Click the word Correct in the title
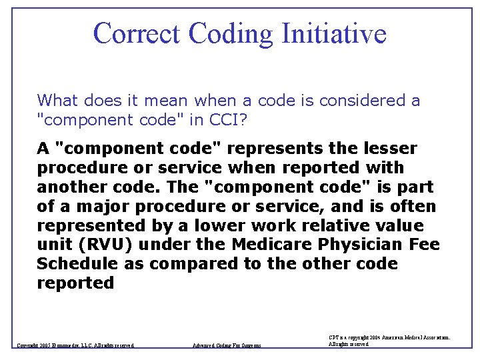[x=137, y=33]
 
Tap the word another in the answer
[x=69, y=187]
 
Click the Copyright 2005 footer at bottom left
[x=75, y=345]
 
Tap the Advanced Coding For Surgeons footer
[x=227, y=345]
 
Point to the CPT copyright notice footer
[x=389, y=341]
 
